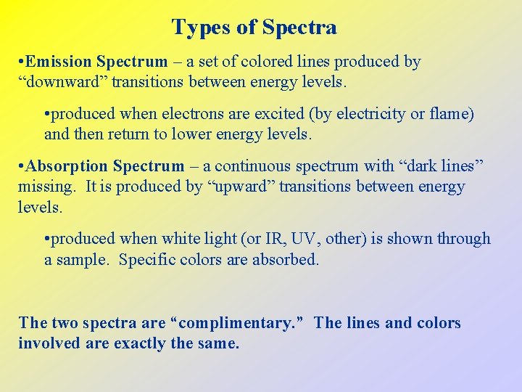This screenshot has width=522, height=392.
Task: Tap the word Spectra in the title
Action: (x=299, y=28)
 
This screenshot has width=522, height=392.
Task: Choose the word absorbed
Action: (x=285, y=259)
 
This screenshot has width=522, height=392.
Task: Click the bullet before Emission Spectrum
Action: (x=22, y=62)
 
